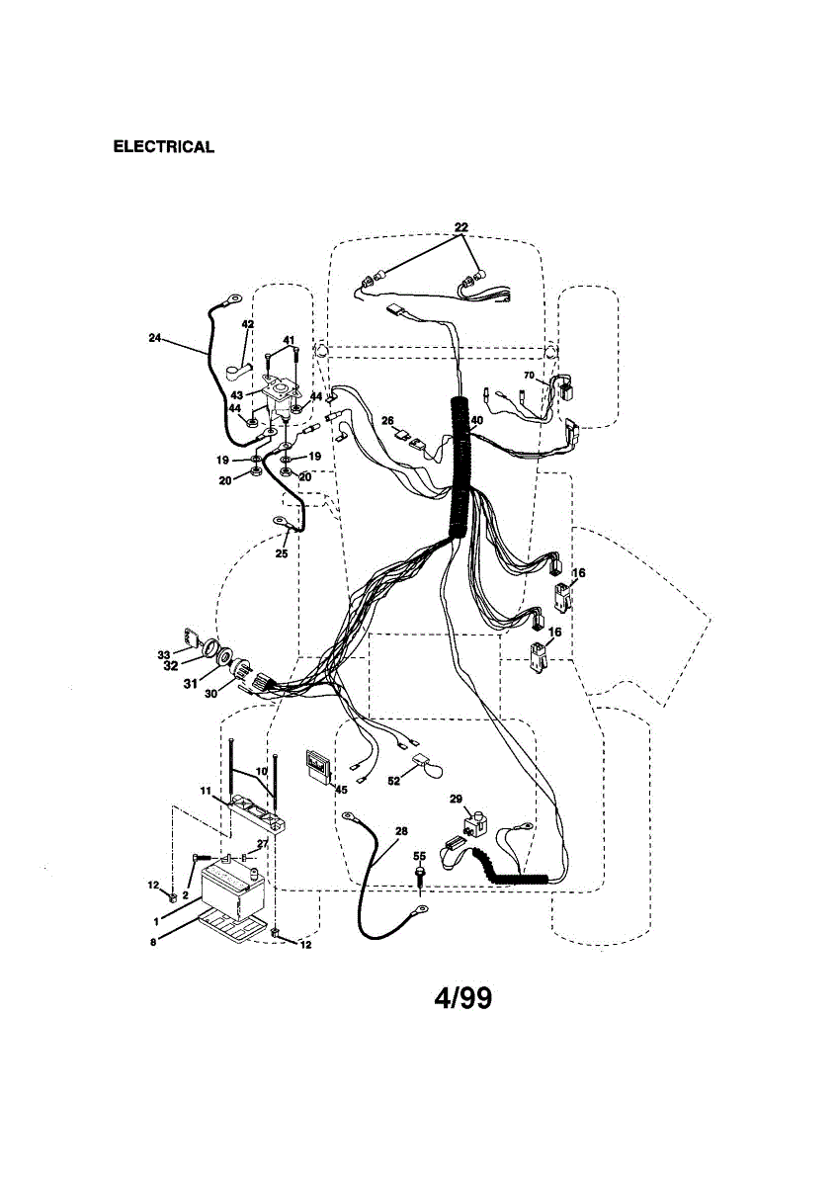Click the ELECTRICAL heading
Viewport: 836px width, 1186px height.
(x=163, y=147)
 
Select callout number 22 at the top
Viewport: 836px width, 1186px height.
(x=461, y=227)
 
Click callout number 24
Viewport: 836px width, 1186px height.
(x=154, y=338)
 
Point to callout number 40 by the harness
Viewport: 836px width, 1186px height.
(x=477, y=420)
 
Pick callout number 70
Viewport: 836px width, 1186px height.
(x=529, y=376)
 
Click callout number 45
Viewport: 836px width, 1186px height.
(x=341, y=789)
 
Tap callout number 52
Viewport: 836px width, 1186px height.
(x=394, y=781)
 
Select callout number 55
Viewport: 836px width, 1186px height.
(x=419, y=856)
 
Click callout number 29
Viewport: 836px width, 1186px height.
(x=456, y=798)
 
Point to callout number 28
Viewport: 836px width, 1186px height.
(x=401, y=831)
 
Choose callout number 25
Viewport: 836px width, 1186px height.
(x=282, y=553)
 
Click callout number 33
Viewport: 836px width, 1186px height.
(x=163, y=654)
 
